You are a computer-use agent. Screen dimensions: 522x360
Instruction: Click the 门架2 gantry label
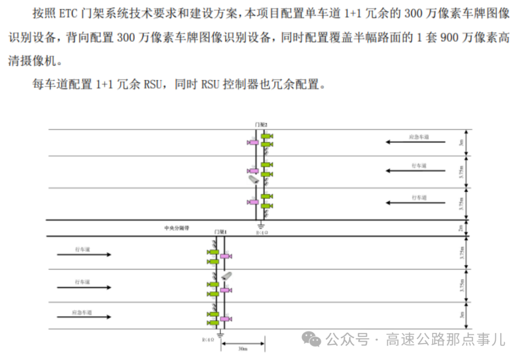tap(261, 124)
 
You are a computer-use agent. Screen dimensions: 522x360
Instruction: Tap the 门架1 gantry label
tap(220, 232)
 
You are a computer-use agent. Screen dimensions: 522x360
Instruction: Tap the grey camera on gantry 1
tap(227, 276)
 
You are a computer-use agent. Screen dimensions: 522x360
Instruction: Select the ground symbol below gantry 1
tap(220, 333)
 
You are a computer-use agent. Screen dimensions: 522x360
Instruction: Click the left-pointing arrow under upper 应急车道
tap(415, 142)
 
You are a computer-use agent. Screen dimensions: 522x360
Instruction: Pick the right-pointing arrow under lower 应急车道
tap(84, 317)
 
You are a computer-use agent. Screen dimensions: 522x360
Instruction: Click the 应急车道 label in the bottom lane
tap(80, 312)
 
